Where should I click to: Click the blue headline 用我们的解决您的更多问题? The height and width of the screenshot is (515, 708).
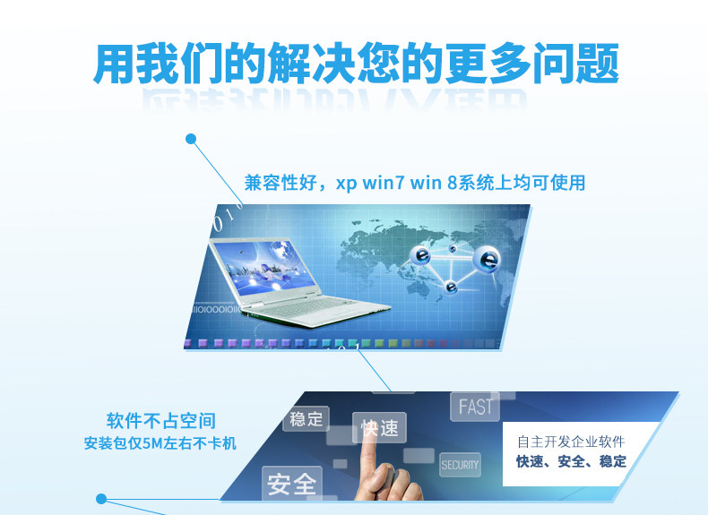click(356, 64)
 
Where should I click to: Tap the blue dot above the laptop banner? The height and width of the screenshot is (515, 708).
click(191, 139)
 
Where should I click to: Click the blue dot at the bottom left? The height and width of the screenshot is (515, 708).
click(101, 499)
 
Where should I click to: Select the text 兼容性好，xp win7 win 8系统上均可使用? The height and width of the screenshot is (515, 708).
click(415, 183)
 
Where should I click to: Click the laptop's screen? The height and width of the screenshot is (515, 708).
click(264, 268)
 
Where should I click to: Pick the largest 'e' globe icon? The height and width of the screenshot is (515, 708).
click(487, 260)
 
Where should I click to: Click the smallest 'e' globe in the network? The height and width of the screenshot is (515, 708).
click(453, 249)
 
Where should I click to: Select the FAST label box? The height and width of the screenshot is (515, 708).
click(475, 407)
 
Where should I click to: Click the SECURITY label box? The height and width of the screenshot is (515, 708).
click(460, 465)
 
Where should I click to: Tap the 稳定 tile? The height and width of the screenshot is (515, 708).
click(307, 419)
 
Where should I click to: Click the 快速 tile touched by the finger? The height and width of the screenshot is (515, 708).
click(379, 427)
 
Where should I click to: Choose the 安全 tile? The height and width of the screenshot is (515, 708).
click(291, 484)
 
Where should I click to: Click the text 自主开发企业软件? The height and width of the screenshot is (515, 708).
click(571, 442)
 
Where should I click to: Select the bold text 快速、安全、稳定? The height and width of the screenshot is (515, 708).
click(571, 461)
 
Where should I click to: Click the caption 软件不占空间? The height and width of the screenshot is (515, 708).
click(161, 421)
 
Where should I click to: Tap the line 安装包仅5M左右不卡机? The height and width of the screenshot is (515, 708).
click(160, 443)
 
